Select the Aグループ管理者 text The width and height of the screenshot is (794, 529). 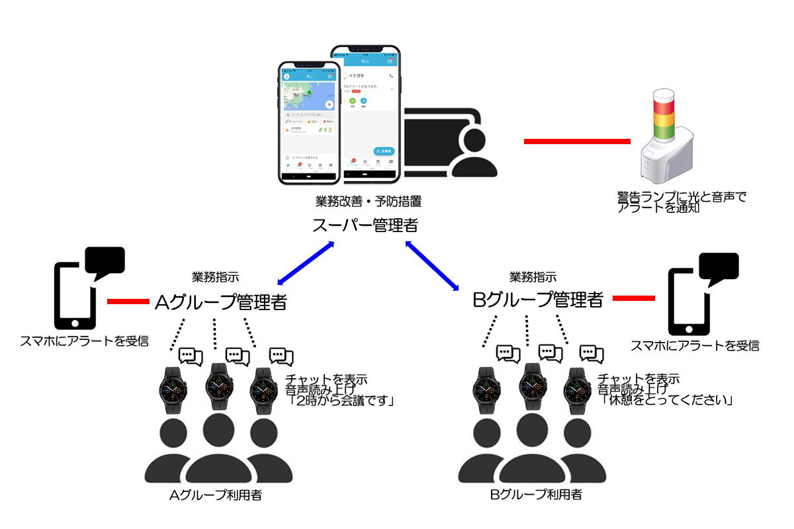click(220, 302)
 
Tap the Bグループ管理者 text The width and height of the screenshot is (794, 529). click(537, 300)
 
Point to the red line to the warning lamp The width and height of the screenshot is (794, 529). click(576, 141)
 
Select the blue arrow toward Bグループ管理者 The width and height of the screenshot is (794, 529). click(432, 265)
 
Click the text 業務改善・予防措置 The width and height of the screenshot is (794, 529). click(369, 201)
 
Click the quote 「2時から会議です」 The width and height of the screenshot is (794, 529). click(340, 401)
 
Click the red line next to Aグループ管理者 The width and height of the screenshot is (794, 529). click(128, 302)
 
